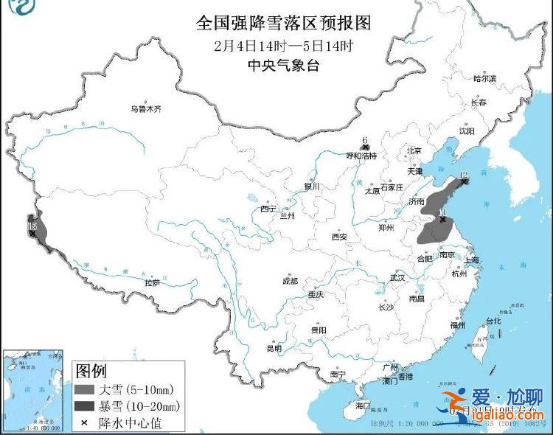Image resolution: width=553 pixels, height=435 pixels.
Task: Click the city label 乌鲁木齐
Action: coord(145,108)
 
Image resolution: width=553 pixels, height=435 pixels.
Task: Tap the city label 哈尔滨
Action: coord(484,78)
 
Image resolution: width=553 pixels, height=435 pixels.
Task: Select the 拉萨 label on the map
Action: coord(152,282)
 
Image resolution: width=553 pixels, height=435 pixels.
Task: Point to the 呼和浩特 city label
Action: coord(361,156)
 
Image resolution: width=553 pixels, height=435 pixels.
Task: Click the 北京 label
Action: coord(413,150)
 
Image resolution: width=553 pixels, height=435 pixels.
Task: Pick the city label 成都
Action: coord(289,280)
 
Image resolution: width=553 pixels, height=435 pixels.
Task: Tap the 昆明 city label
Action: coord(274,348)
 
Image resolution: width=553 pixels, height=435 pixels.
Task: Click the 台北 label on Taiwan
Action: coord(492,321)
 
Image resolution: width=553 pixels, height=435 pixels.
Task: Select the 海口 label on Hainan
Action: coord(363,406)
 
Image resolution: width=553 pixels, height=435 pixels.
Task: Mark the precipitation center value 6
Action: coord(364,139)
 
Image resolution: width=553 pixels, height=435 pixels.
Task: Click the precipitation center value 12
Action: coord(463,175)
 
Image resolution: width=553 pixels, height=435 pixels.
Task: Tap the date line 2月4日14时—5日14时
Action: coord(283,46)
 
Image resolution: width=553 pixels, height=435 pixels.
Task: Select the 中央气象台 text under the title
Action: coord(283,66)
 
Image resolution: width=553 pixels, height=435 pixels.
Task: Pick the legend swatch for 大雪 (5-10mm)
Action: coord(89,389)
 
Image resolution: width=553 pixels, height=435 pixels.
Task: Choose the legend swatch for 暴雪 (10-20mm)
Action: coord(89,406)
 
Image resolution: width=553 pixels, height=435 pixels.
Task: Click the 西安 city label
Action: coord(339,237)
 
